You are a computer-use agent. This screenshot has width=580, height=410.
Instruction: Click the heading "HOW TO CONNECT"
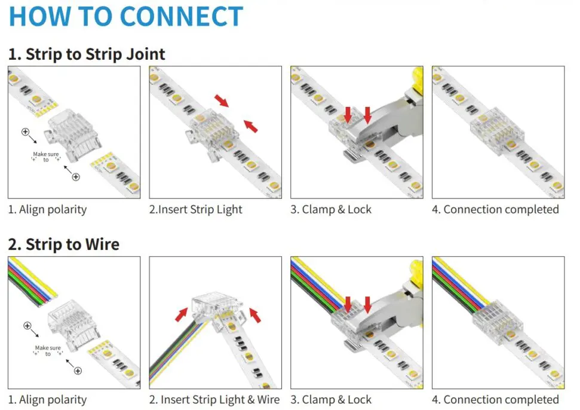(x=126, y=17)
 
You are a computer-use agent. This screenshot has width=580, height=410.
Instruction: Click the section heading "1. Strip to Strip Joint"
(x=87, y=54)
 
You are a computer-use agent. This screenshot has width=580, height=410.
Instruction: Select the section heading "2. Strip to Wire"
(x=64, y=244)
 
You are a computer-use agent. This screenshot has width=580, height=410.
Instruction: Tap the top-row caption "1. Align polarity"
(x=47, y=210)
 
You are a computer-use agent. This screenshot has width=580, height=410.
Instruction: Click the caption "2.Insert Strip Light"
(x=196, y=210)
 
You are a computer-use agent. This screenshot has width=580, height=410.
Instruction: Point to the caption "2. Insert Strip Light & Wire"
(x=214, y=400)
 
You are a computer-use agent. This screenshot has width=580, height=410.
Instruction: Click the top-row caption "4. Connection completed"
(x=495, y=210)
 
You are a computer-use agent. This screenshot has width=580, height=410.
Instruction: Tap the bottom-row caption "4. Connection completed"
(x=495, y=400)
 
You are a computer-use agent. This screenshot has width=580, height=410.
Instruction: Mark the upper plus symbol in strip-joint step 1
(x=25, y=131)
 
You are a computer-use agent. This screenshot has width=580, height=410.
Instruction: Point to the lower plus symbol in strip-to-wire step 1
(x=77, y=371)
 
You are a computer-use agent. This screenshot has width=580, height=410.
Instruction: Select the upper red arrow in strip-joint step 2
(x=222, y=100)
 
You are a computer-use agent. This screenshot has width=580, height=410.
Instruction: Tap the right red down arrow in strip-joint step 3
(x=367, y=114)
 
